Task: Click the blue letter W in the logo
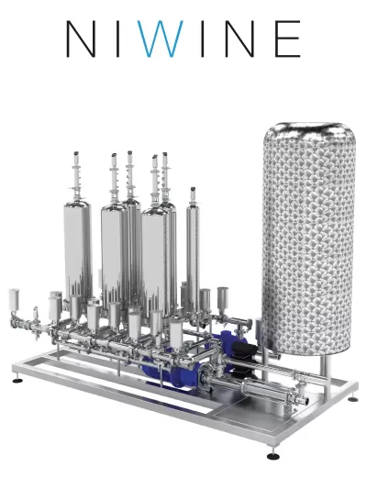(160, 39)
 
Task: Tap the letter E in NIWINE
(287, 39)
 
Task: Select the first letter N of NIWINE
(81, 39)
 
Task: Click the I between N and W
(118, 39)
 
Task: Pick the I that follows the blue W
(203, 39)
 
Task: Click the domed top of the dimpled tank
(308, 130)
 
